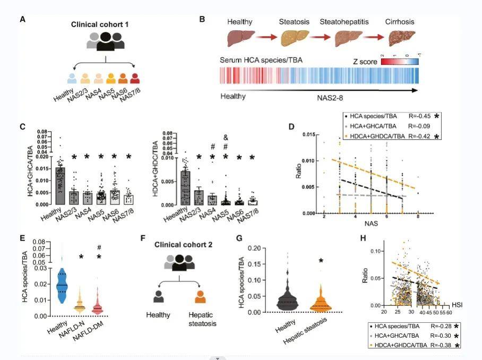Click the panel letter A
pyautogui.click(x=23, y=20)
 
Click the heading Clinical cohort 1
pyautogui.click(x=100, y=25)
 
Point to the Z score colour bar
pyautogui.click(x=399, y=62)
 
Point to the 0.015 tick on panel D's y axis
pyautogui.click(x=308, y=135)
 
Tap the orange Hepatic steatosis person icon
pyautogui.click(x=200, y=296)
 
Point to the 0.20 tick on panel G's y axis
pyautogui.click(x=262, y=248)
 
